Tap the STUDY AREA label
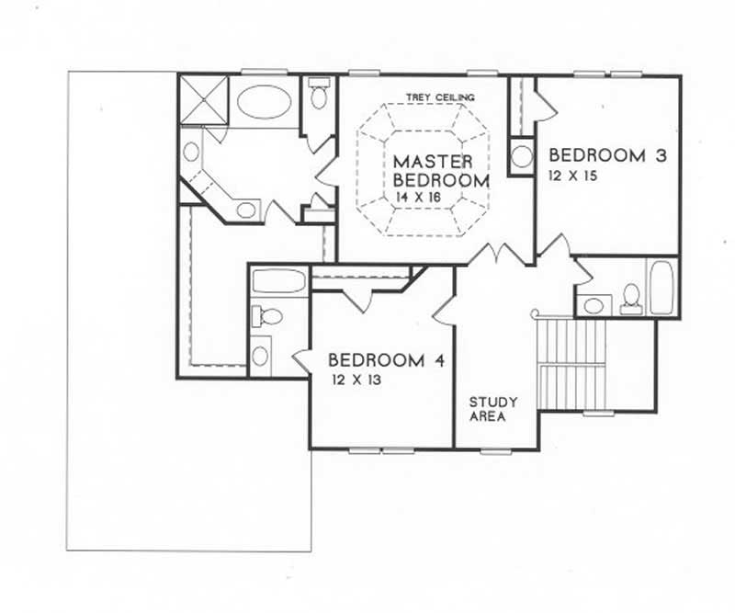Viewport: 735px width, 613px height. pos(493,409)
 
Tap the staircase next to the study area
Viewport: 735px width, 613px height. pos(571,364)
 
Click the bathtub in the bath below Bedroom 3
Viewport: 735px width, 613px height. pos(661,288)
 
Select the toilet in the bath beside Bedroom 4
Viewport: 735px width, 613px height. pos(267,317)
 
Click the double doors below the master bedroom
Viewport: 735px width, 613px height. pos(497,254)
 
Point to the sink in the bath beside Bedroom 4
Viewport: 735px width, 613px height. pos(261,355)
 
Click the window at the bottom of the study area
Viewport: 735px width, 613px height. pos(496,449)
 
